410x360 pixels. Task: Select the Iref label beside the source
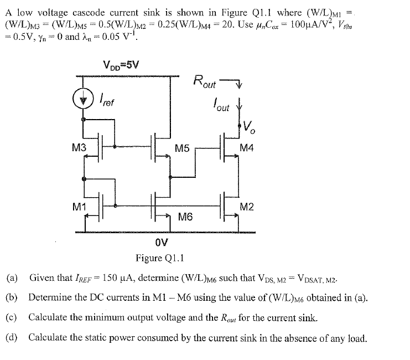click(x=107, y=101)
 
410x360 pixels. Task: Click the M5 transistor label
click(x=182, y=148)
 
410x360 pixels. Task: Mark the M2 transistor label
click(x=247, y=207)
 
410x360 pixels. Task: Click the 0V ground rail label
click(x=162, y=242)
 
